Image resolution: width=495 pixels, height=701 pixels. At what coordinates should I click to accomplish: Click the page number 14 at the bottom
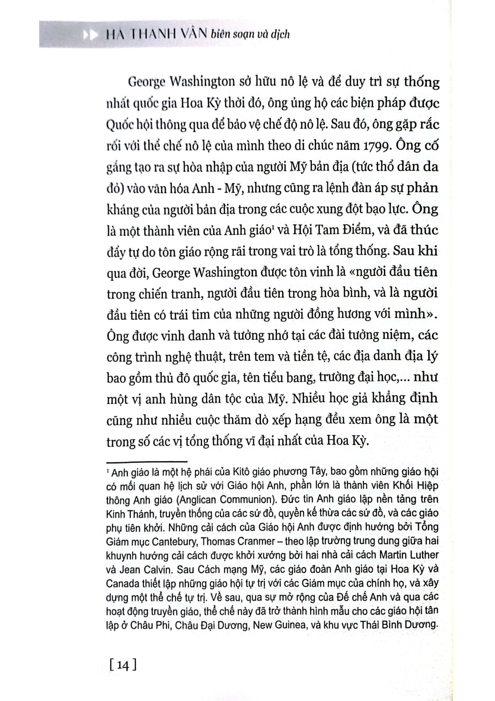pos(123,664)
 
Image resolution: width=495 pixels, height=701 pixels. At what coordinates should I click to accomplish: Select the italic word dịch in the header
pos(280,34)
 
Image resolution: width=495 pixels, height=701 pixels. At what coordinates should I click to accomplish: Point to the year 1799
pos(372,145)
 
